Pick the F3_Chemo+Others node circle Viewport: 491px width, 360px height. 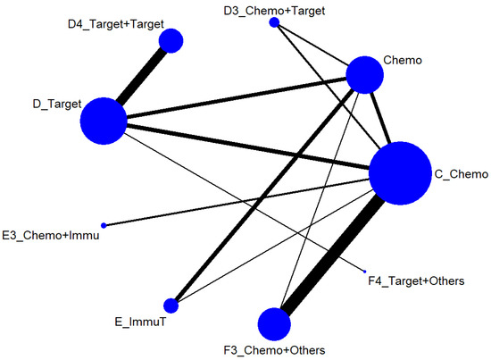pyautogui.click(x=274, y=322)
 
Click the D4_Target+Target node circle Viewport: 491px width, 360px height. pyautogui.click(x=171, y=40)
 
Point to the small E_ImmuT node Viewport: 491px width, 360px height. pyautogui.click(x=171, y=306)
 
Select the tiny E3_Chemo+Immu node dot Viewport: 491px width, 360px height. pyautogui.click(x=104, y=224)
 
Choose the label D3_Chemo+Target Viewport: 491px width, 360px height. pyautogui.click(x=273, y=9)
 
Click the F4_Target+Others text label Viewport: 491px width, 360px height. pyautogui.click(x=416, y=281)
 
